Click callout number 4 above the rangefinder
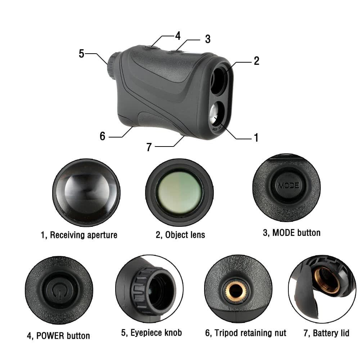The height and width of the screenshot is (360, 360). pos(177,36)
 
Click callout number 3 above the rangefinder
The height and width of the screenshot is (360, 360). pos(207,39)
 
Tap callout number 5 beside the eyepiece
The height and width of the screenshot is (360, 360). pos(81,54)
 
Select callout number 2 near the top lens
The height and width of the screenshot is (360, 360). pos(256,61)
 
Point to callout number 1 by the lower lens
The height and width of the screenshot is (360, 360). pos(256,138)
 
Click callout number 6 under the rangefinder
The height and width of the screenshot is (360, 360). pos(103,136)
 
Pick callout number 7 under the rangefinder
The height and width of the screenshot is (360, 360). pos(149,147)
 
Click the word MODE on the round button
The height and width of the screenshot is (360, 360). pos(288,185)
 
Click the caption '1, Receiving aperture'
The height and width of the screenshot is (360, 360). pos(79,235)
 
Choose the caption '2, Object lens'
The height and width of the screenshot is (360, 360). pos(180,235)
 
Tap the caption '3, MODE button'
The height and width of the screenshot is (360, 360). pos(292,233)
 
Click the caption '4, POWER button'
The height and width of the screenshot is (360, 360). pos(58,336)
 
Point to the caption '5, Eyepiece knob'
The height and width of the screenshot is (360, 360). pos(152,333)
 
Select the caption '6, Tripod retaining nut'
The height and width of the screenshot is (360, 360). pos(246,333)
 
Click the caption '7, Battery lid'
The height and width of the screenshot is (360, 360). pos(327,333)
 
